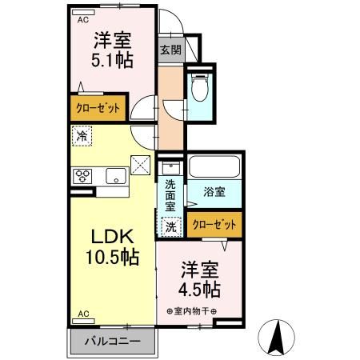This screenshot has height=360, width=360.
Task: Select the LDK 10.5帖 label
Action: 112,246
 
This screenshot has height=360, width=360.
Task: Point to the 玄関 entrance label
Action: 170,49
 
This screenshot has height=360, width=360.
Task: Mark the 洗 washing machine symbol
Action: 171,227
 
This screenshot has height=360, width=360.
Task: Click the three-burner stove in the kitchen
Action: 83,177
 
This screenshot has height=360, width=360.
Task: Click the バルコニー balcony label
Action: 113,341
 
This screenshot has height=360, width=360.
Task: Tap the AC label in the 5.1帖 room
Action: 82,22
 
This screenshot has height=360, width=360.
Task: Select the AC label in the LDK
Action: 82,315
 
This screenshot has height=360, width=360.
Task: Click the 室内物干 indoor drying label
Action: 191,310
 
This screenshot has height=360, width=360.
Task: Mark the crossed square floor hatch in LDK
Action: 141,166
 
